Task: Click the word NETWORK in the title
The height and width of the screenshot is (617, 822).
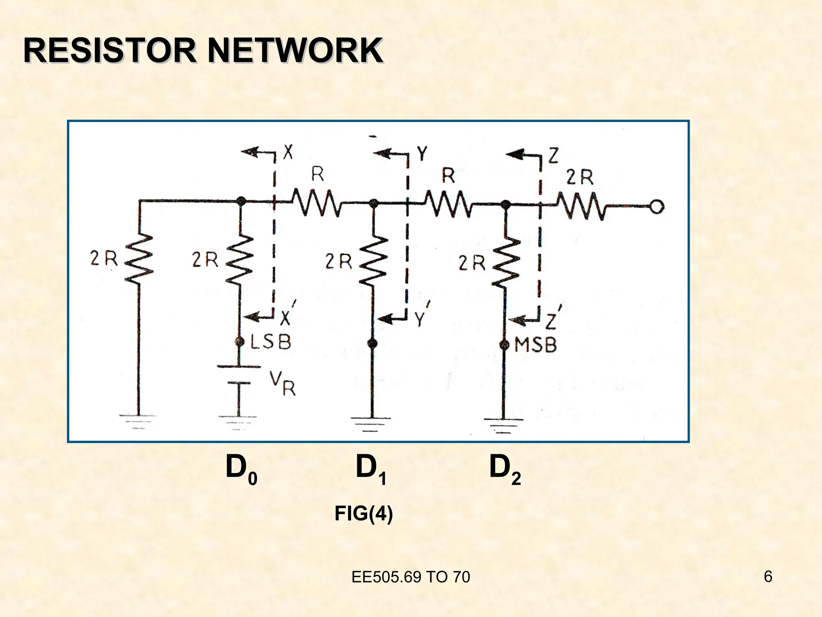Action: pos(295,51)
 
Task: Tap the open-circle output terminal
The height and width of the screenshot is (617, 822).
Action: pos(657,207)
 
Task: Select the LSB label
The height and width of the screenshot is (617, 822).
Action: pos(271,342)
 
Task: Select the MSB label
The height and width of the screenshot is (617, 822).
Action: pos(535,345)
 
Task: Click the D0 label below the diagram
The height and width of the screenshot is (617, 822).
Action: pos(241,470)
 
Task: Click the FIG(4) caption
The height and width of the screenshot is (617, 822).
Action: pos(364,514)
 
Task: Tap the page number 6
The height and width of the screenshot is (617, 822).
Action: pos(768,577)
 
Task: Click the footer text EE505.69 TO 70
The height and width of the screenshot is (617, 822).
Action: pos(411,577)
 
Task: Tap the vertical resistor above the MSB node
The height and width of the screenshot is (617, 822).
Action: pos(507,263)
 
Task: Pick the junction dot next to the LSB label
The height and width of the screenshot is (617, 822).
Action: pos(240,342)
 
